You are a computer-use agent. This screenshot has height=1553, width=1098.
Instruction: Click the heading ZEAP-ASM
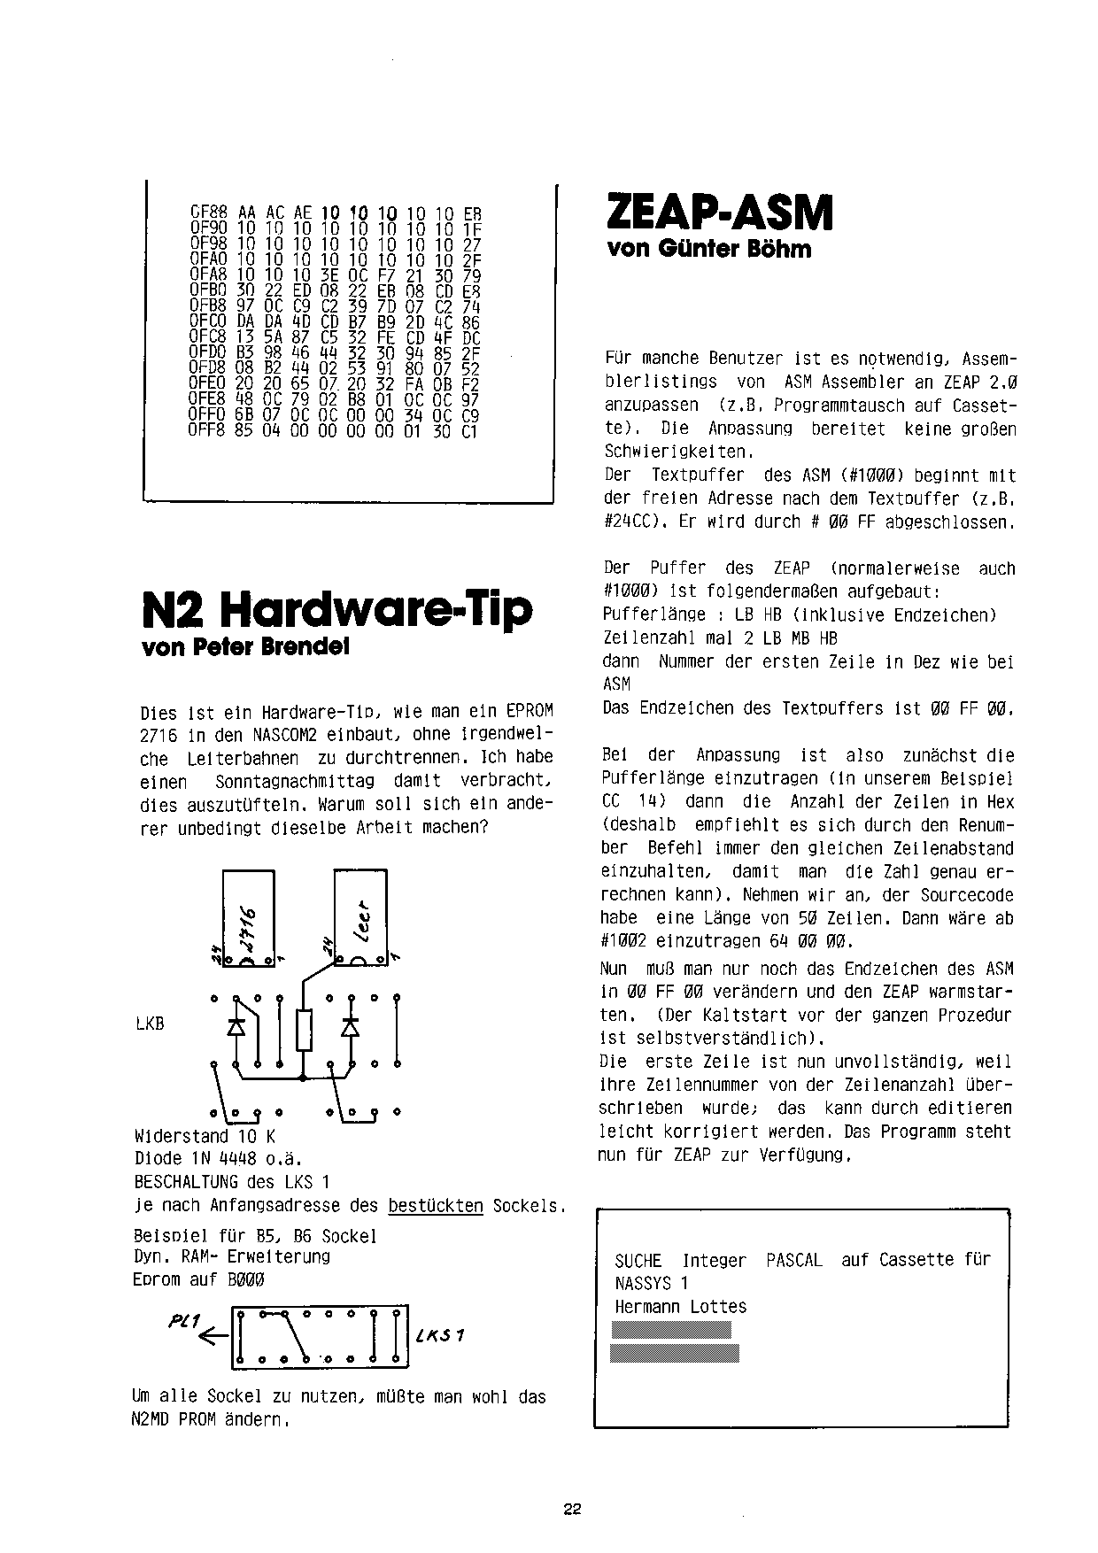720,213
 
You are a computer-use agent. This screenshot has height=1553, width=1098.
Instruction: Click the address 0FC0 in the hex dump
209,324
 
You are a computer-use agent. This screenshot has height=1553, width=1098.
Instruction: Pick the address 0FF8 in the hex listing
209,431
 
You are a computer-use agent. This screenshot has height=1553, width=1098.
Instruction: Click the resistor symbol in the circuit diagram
304,1030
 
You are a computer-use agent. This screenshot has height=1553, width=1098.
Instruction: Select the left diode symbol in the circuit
236,1026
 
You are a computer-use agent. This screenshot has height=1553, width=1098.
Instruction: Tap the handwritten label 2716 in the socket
247,927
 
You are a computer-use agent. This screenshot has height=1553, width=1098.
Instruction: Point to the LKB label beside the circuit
150,1024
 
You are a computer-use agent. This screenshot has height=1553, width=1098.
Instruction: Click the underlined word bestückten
436,1206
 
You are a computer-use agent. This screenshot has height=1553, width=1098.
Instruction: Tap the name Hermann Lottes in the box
680,1307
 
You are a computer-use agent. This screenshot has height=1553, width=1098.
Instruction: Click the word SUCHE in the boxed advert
638,1260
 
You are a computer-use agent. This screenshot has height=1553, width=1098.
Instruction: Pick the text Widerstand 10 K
205,1136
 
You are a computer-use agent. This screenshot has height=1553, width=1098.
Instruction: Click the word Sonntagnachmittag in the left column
295,782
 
